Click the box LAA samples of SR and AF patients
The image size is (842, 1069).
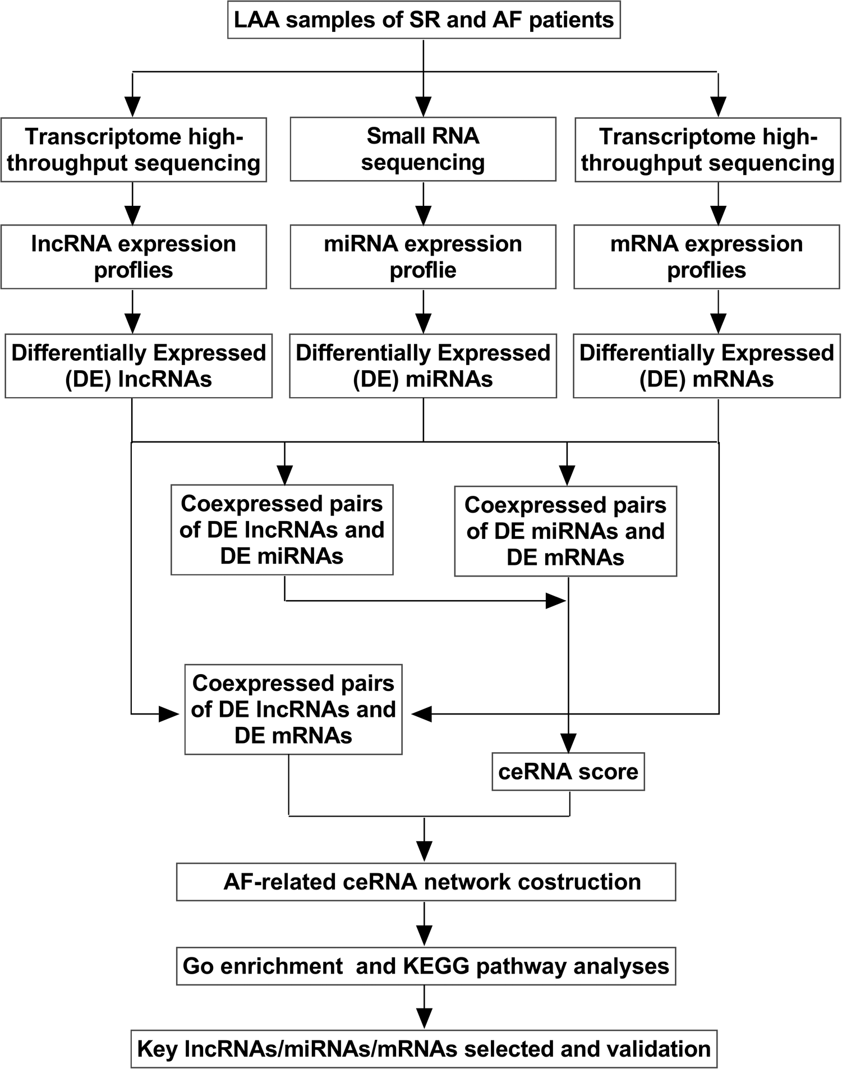click(x=424, y=20)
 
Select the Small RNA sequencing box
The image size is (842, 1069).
click(x=423, y=149)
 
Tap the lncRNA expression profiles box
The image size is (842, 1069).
click(x=134, y=257)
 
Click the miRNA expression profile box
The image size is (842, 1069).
click(x=423, y=257)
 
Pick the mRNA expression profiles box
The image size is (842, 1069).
click(x=707, y=257)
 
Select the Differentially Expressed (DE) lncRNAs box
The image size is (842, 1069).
click(x=139, y=366)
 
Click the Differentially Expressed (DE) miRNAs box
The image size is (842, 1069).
click(x=423, y=366)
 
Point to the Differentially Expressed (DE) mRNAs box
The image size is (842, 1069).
click(x=707, y=366)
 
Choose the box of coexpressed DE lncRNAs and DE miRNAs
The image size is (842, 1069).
click(x=282, y=530)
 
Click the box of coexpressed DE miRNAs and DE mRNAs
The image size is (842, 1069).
click(x=565, y=531)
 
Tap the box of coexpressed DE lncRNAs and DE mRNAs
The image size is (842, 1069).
click(x=293, y=709)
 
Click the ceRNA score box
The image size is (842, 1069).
click(x=568, y=772)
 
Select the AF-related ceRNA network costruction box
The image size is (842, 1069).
click(x=426, y=882)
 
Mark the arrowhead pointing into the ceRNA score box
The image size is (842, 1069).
click(x=569, y=744)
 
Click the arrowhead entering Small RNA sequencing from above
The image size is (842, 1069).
click(x=423, y=106)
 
